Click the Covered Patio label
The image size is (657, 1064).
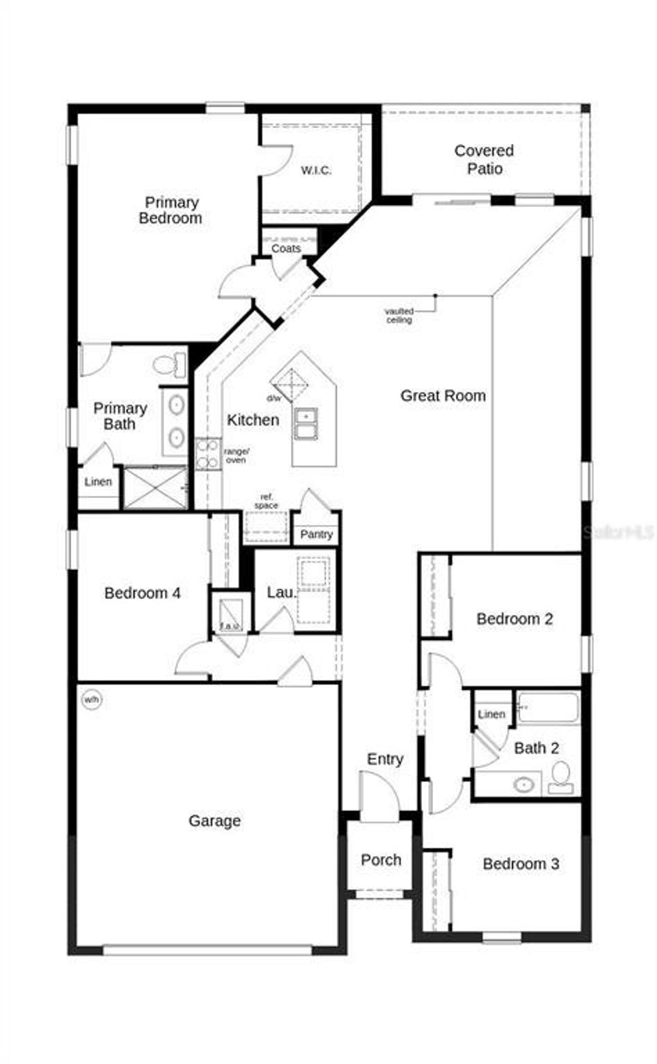[x=484, y=160]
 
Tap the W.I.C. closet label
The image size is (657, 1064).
[x=316, y=170]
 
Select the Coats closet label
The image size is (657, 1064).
[x=286, y=248]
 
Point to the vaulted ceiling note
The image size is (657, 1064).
[x=399, y=316]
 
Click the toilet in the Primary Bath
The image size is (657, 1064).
[x=170, y=365]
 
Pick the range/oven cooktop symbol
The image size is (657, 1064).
[x=208, y=454]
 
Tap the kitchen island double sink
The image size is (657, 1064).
[x=305, y=424]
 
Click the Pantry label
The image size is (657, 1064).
[x=316, y=535]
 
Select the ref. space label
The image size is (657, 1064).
[x=266, y=501]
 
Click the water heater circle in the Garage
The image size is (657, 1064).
[x=92, y=700]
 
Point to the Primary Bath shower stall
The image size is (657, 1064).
[x=156, y=488]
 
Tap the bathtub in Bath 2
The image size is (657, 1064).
[x=548, y=708]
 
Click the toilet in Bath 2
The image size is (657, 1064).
[x=561, y=777]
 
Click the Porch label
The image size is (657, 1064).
[x=381, y=860]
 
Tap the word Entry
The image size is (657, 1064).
[x=385, y=759]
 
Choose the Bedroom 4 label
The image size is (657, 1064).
[x=142, y=593]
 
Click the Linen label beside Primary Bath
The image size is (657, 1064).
[x=98, y=482]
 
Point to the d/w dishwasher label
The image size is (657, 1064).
[x=274, y=399]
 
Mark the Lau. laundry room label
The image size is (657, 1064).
[x=281, y=593]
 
